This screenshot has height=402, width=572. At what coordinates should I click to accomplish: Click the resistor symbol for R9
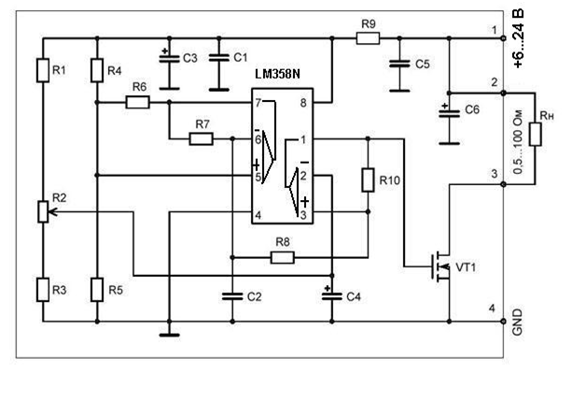pos(368,38)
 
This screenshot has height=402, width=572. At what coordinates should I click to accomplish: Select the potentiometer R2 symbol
pos(43,211)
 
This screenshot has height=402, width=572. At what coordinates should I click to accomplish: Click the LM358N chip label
pos(277,74)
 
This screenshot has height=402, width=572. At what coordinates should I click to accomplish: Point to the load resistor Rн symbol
pos(536,135)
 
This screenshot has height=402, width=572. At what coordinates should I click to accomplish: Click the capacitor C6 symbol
pos(449,113)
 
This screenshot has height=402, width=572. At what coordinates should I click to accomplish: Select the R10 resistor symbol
pos(368,179)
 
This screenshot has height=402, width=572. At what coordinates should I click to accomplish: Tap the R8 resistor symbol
pos(283,258)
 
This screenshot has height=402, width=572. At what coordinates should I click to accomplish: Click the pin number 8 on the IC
pos(303,103)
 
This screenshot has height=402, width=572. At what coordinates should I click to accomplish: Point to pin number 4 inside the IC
pos(258,215)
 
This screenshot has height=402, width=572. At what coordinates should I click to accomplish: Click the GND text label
pos(518,322)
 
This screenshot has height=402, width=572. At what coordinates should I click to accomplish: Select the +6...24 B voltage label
pos(519,38)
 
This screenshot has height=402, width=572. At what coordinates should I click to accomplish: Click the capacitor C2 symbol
pos(232,296)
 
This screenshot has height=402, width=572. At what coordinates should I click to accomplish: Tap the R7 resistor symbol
pos(201,139)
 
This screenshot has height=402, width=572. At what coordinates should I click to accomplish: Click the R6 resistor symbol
pos(137,102)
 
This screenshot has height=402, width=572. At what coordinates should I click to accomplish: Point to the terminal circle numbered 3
pos(504,184)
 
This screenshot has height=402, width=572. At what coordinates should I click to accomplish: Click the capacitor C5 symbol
pos(399,64)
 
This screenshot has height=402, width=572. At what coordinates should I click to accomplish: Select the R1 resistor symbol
pos(43,70)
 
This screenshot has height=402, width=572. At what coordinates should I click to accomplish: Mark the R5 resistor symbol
pos(97,290)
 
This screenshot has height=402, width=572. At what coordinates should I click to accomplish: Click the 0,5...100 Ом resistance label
pos(518,142)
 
